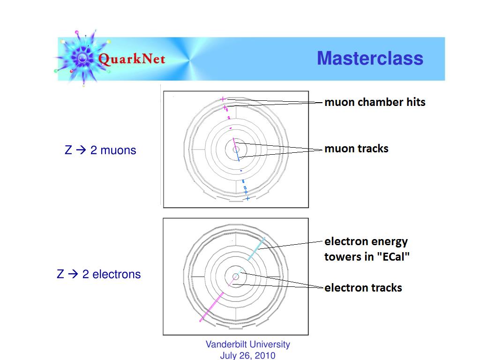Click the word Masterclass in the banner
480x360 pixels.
point(370,59)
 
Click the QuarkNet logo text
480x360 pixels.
point(132,60)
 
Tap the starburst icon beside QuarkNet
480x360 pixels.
point(82,58)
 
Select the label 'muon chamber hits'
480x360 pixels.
point(375,102)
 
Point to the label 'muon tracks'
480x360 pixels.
point(356,149)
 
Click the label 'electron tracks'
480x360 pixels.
point(363,287)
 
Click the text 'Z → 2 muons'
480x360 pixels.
point(100,150)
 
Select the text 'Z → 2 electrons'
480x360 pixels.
point(98,274)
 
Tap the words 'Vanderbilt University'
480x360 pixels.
point(247,344)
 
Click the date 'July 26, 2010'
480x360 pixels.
point(247,355)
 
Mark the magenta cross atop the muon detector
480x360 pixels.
point(223,99)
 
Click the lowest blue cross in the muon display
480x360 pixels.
point(247,198)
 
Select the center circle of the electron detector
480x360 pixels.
point(236,277)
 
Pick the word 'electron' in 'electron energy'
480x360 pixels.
point(346,241)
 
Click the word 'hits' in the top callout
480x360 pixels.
point(415,102)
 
